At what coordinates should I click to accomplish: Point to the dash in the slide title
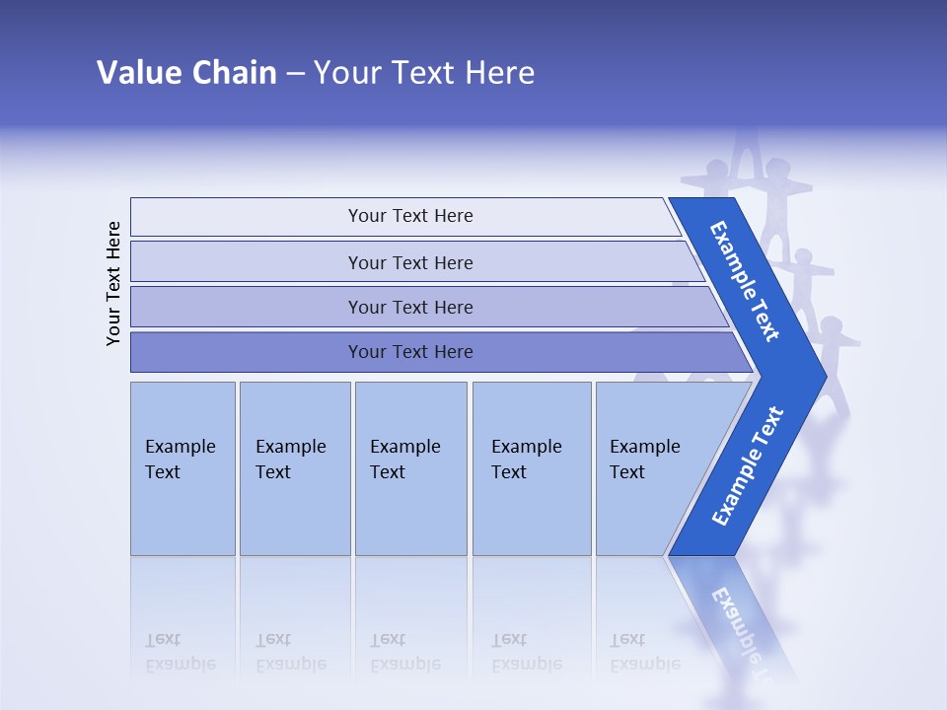[x=295, y=74]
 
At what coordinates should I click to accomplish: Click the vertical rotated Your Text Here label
[x=113, y=283]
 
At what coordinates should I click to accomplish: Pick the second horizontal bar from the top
[x=410, y=262]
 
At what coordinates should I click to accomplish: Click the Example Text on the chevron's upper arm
[x=745, y=281]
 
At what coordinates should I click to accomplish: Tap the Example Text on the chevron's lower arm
[x=748, y=466]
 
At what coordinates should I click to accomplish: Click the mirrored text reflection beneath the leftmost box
[x=180, y=652]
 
